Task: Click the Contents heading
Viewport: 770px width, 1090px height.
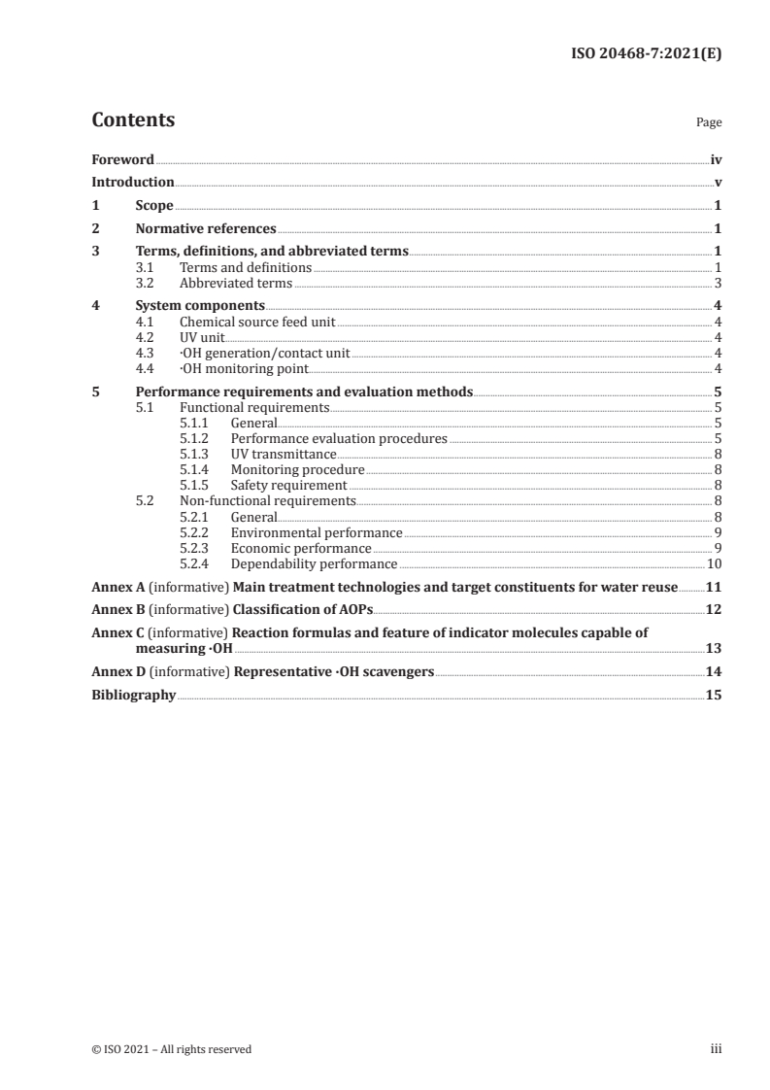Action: pos(133,120)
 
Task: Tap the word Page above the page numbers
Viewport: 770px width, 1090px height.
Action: pos(708,123)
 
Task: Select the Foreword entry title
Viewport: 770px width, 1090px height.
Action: pos(122,159)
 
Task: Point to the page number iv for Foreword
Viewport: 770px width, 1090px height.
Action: pos(715,159)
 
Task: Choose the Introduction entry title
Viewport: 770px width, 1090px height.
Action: pos(133,182)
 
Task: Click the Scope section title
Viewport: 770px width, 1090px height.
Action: pos(154,206)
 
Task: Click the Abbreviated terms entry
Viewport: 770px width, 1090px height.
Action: pos(236,284)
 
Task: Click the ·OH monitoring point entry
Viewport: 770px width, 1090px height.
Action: pos(244,368)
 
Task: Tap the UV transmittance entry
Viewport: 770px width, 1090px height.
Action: pos(284,454)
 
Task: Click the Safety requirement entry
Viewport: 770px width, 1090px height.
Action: pos(288,485)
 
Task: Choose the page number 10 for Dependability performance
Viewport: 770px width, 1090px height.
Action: pos(714,563)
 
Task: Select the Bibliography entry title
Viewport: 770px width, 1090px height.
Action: pos(133,695)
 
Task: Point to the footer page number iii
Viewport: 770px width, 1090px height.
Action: pos(716,1049)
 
